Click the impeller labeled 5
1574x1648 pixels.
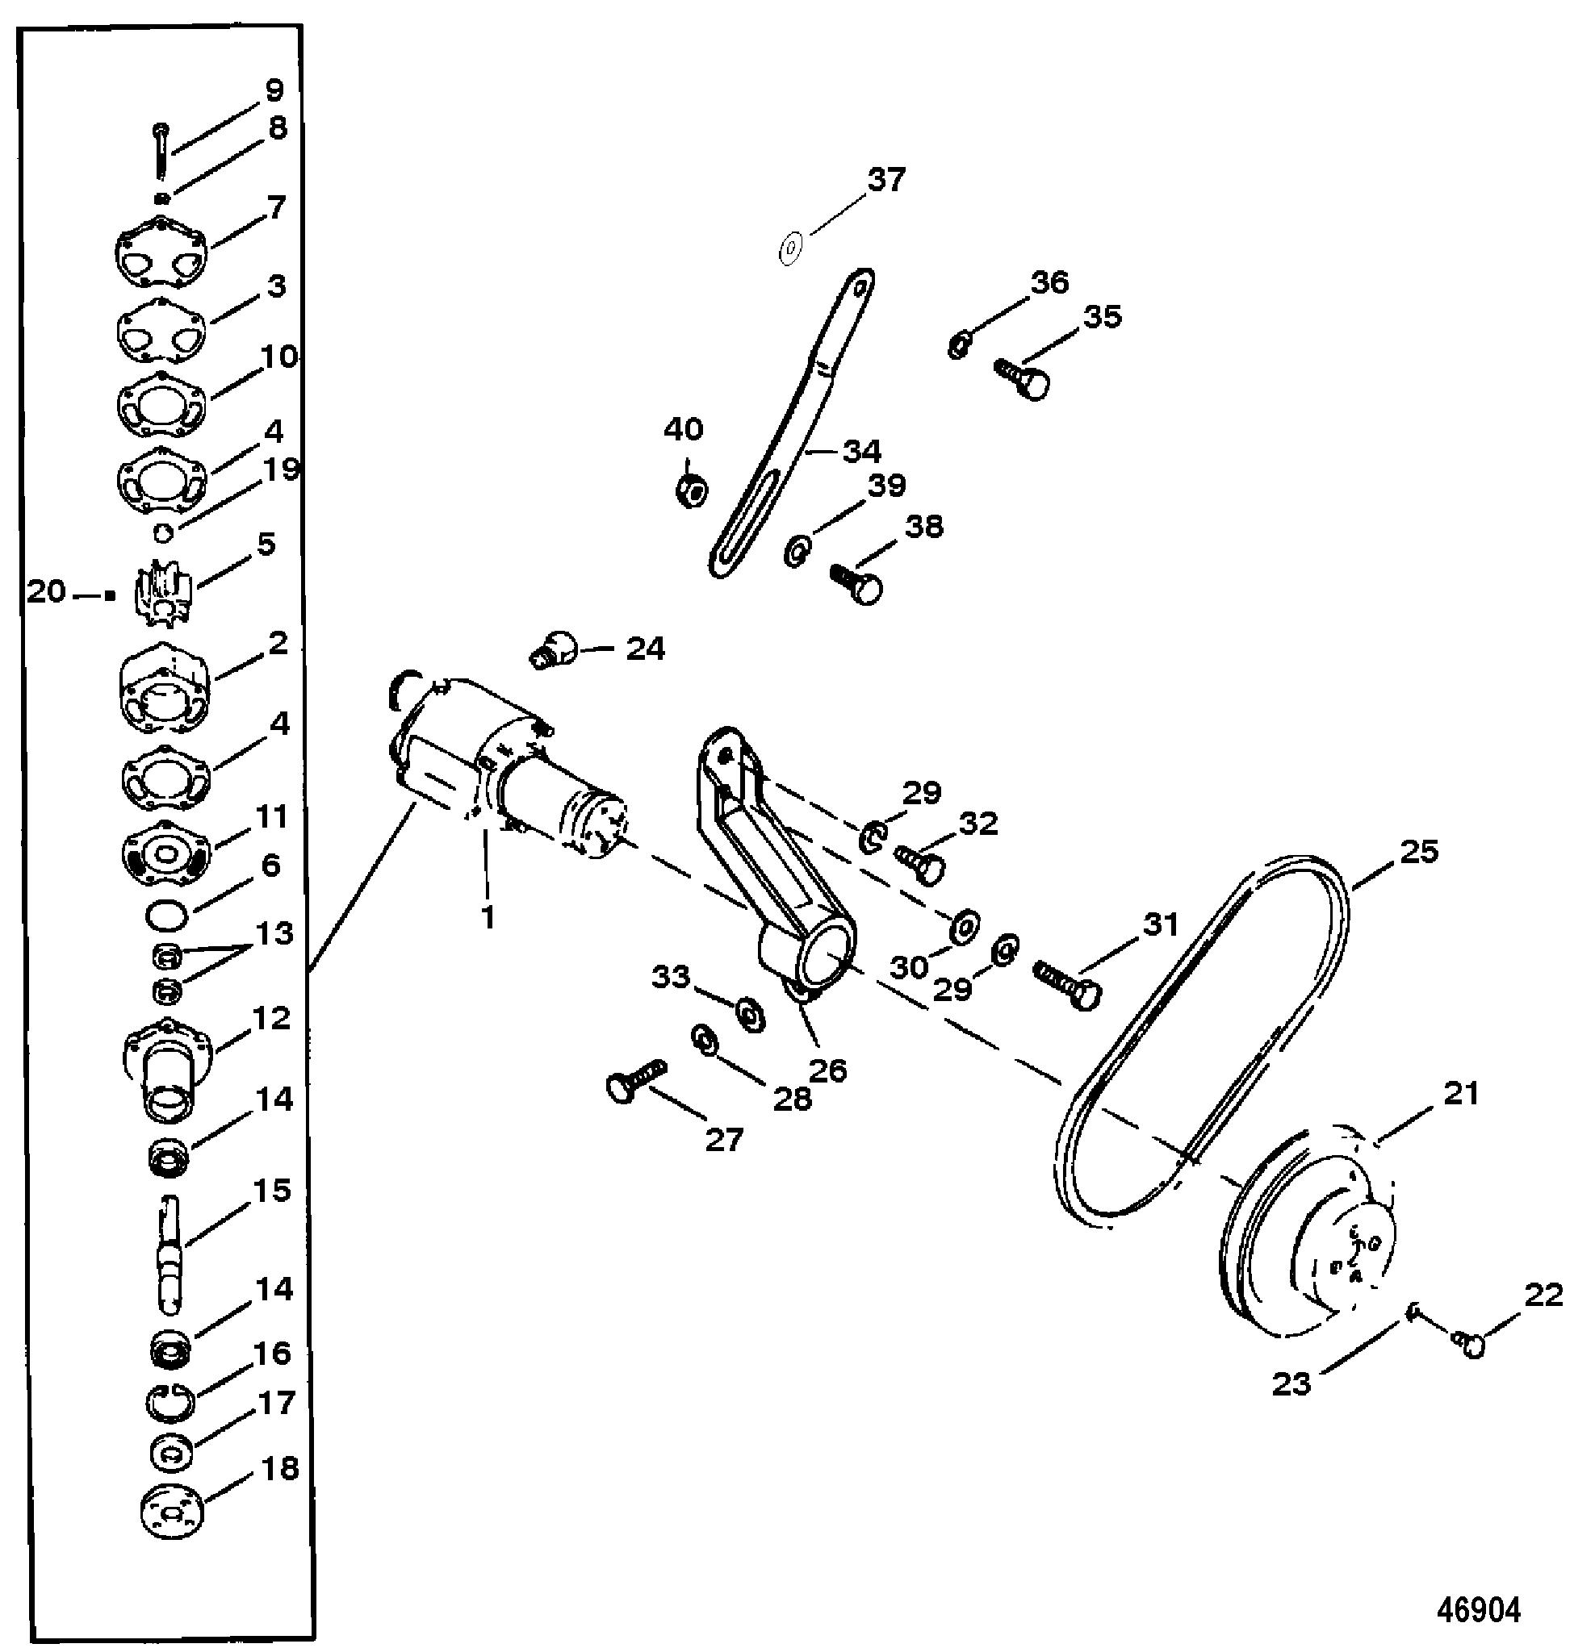pyautogui.click(x=163, y=593)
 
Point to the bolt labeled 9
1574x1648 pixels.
pyautogui.click(x=161, y=149)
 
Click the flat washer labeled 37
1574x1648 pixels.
pyautogui.click(x=790, y=248)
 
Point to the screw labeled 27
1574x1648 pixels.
pyautogui.click(x=635, y=1080)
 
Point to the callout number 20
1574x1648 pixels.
pyautogui.click(x=46, y=592)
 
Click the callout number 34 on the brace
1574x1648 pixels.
pyautogui.click(x=862, y=451)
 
